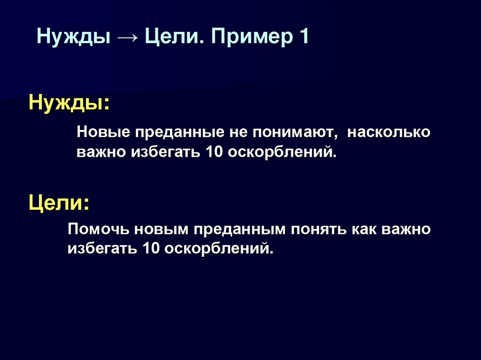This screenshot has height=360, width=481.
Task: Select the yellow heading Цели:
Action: (x=59, y=203)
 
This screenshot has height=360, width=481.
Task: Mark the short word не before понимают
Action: (x=237, y=133)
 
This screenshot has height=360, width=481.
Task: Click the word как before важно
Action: (x=366, y=230)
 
